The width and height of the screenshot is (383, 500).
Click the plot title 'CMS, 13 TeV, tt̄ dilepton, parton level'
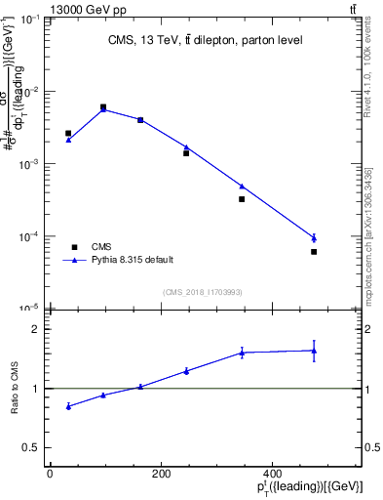pyautogui.click(x=204, y=40)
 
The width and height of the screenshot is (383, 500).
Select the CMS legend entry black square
pyautogui.click(x=71, y=246)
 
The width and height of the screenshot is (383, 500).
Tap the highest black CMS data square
pyautogui.click(x=103, y=107)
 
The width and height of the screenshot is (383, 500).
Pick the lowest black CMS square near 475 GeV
pyautogui.click(x=314, y=252)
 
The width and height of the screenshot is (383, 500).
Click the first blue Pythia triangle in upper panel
pyautogui.click(x=68, y=140)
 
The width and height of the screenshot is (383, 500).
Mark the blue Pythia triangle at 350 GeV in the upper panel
pyautogui.click(x=242, y=187)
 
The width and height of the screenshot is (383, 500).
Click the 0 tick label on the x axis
pyautogui.click(x=51, y=474)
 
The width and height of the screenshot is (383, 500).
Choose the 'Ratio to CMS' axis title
pyautogui.click(x=17, y=389)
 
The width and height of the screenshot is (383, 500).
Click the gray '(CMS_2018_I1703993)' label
pyautogui.click(x=202, y=291)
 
